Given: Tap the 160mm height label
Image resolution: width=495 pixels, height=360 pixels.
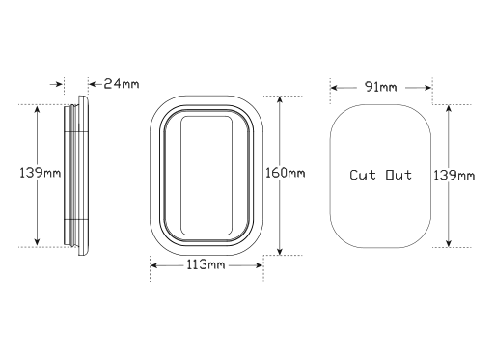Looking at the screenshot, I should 285,174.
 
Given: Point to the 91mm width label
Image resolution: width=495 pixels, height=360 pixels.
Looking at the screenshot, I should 379,88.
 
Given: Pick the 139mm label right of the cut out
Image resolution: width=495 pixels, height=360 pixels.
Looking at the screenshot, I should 454,175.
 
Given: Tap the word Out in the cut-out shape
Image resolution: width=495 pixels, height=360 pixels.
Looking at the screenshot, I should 398,175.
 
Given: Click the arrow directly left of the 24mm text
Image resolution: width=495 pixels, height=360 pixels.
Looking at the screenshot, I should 93,84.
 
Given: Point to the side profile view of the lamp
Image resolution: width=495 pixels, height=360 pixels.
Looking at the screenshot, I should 79,175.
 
